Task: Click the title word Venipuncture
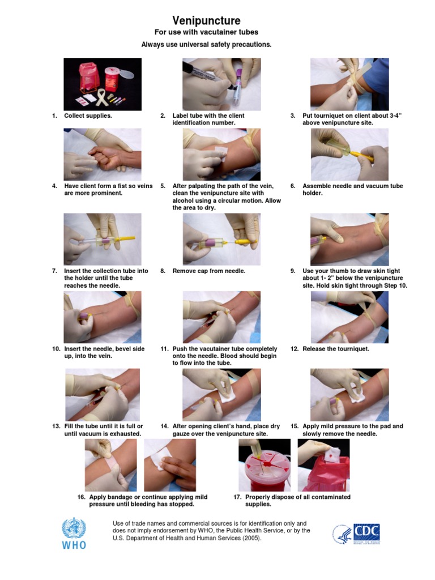pyautogui.click(x=206, y=21)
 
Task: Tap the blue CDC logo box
pyautogui.click(x=366, y=532)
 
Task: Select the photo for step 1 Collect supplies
pyautogui.click(x=102, y=83)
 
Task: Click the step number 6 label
pyautogui.click(x=293, y=186)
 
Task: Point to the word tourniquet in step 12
pyautogui.click(x=351, y=349)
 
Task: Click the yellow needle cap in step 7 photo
pyautogui.click(x=126, y=238)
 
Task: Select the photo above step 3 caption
pyautogui.click(x=349, y=83)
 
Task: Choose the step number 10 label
pyautogui.click(x=56, y=349)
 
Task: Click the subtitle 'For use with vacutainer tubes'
pyautogui.click(x=206, y=33)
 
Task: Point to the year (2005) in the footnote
pyautogui.click(x=251, y=538)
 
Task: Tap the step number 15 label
pyautogui.click(x=294, y=426)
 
